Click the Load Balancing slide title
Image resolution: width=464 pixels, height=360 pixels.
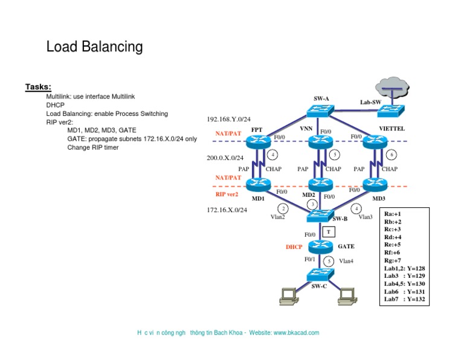tap(94, 47)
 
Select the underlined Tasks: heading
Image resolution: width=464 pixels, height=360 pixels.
tap(38, 87)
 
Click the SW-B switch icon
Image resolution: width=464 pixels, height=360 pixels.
tap(318, 216)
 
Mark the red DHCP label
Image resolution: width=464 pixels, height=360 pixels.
tap(294, 247)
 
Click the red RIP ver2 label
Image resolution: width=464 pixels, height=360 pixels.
tap(227, 194)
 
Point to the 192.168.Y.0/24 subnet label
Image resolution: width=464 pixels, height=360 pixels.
tap(228, 120)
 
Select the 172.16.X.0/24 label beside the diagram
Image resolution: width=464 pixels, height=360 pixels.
tap(227, 210)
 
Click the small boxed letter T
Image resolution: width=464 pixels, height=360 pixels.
tap(327, 232)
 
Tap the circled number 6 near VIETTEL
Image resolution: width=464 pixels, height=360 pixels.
tap(391, 155)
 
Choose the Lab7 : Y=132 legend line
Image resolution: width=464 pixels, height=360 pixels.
tap(404, 299)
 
